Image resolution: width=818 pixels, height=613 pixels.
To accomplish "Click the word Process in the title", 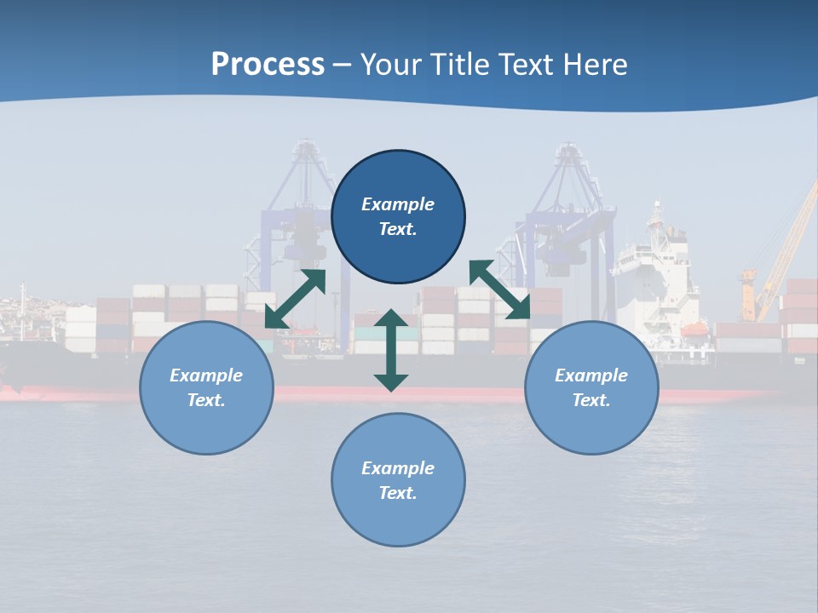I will point(268,65).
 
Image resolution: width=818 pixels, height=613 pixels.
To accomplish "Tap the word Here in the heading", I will point(596,65).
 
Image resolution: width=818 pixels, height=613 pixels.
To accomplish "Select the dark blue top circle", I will point(398,217).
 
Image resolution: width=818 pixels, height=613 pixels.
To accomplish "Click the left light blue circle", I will point(206,387).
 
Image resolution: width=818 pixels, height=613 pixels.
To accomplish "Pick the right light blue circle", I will point(591,387).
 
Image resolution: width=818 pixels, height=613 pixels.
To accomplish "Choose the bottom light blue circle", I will point(398,480).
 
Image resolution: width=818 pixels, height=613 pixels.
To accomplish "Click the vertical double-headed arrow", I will point(391,350).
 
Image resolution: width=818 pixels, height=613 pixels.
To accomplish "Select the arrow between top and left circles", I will point(296,299).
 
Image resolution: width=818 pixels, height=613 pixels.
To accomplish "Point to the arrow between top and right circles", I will point(499,289).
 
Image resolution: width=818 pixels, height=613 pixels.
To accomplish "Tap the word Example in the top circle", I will point(398,204).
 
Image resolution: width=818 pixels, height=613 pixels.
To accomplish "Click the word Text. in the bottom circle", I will point(398,493).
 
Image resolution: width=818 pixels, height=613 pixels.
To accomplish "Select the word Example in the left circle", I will point(206,375).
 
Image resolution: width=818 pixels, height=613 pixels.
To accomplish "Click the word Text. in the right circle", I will point(591,400).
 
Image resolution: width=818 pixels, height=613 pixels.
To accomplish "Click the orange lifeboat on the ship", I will point(694,329).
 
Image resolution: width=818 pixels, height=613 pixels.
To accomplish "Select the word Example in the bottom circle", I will point(398,468).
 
